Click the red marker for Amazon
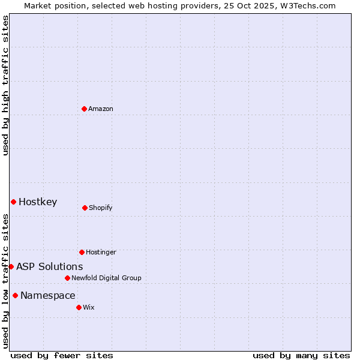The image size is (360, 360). [85, 109]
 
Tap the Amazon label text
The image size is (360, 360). [101, 109]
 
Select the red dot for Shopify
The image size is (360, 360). [85, 208]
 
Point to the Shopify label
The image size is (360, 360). [100, 208]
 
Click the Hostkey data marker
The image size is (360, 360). [13, 202]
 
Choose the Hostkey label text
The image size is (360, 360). [38, 202]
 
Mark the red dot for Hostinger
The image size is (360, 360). [82, 252]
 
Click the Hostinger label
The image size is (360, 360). [101, 253]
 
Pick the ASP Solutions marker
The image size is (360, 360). [11, 266]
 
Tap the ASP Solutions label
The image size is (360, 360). [50, 267]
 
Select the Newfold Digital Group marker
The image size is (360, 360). [67, 278]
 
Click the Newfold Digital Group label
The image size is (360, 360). [106, 278]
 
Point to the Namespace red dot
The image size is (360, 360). [15, 295]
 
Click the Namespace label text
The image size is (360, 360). [48, 296]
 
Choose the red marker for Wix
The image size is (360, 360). [79, 307]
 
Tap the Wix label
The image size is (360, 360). [89, 308]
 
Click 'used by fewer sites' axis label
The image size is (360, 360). [62, 355]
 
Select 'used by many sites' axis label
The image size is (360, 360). [301, 355]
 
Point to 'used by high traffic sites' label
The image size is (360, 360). [5, 85]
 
